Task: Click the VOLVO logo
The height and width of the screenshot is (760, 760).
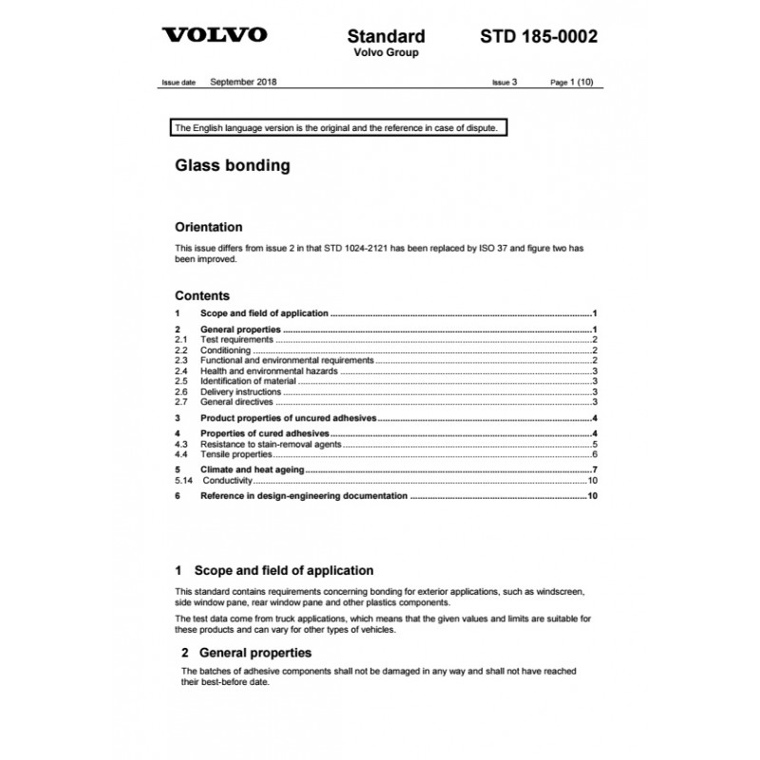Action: [215, 36]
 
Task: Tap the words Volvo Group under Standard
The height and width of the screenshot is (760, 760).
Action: [386, 53]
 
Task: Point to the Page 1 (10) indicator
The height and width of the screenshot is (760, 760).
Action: [572, 83]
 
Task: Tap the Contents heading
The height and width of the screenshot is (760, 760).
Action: [202, 295]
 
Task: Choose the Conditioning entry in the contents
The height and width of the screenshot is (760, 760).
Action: [226, 350]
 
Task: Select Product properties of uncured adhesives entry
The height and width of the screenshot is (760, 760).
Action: [289, 418]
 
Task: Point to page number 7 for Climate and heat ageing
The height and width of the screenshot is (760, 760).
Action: [593, 469]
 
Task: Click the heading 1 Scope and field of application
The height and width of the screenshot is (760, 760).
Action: [275, 571]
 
